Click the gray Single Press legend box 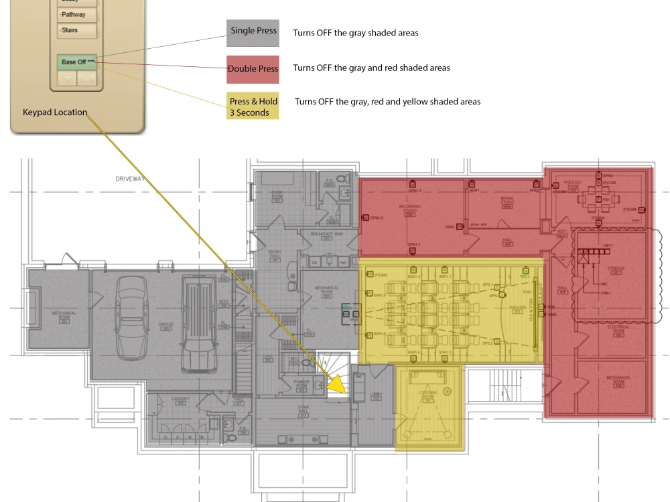point(253,31)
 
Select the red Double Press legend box point(253,69)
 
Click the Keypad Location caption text point(55,112)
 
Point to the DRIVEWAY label point(129,179)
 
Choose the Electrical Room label point(618,329)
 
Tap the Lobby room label point(375,396)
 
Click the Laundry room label point(180,400)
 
